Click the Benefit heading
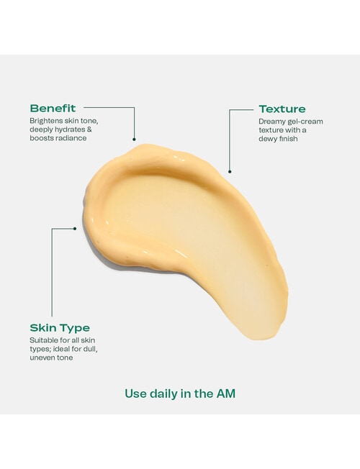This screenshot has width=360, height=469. [53, 108]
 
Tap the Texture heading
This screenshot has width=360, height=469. [282, 109]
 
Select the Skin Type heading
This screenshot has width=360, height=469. [60, 327]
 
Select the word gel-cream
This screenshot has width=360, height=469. [307, 122]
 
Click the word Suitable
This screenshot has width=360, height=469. [45, 340]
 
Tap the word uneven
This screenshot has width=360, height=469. [42, 358]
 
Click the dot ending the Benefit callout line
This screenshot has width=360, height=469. [135, 140]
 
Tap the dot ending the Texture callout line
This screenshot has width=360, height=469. [230, 171]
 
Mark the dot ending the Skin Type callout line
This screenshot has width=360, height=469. [75, 229]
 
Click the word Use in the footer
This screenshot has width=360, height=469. [135, 393]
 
